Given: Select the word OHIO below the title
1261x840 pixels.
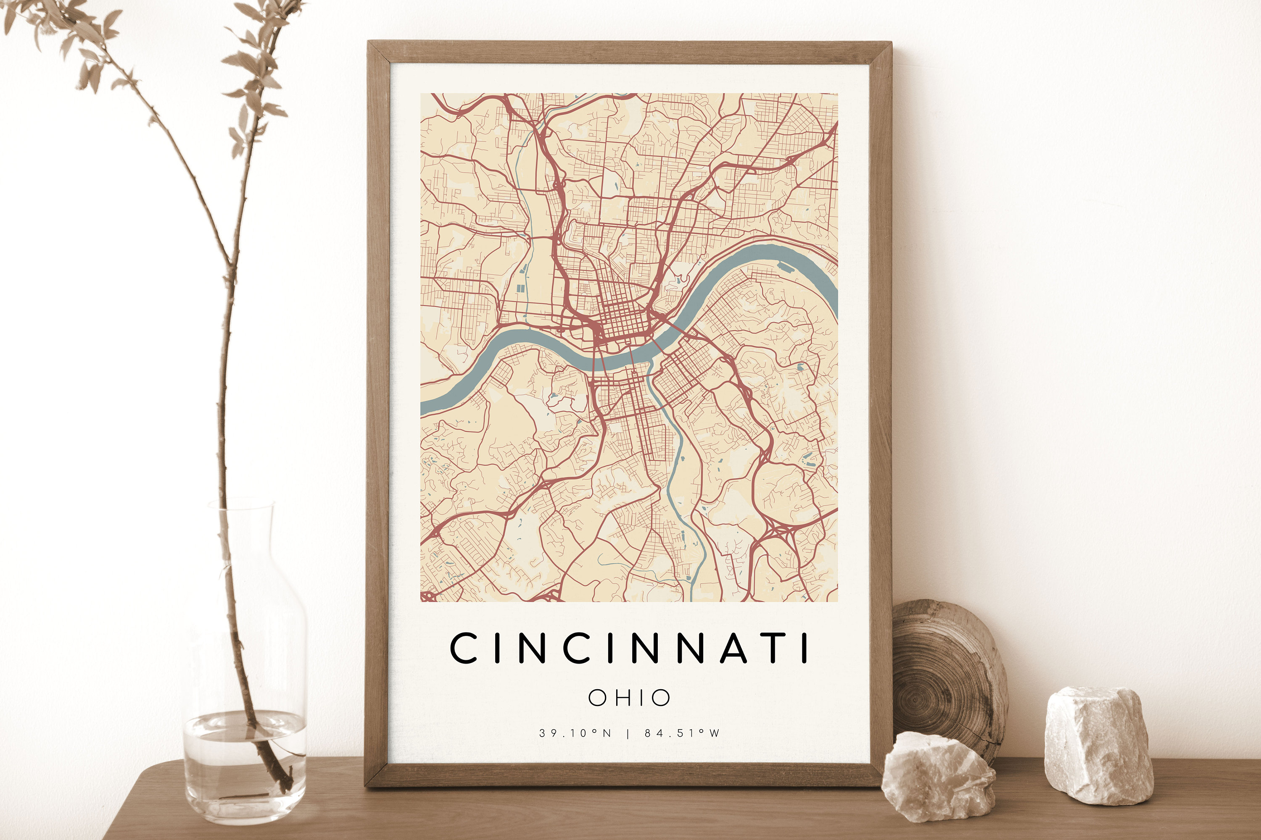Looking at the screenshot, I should coord(629,698).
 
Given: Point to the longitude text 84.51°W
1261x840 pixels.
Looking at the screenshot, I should coord(682,733).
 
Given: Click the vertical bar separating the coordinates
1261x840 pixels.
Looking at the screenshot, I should coord(628,733).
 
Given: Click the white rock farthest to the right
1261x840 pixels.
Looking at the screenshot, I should coord(1099,745).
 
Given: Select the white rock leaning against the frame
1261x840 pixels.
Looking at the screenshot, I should coord(938,777).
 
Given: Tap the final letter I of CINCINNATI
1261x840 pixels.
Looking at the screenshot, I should coord(804,648).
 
